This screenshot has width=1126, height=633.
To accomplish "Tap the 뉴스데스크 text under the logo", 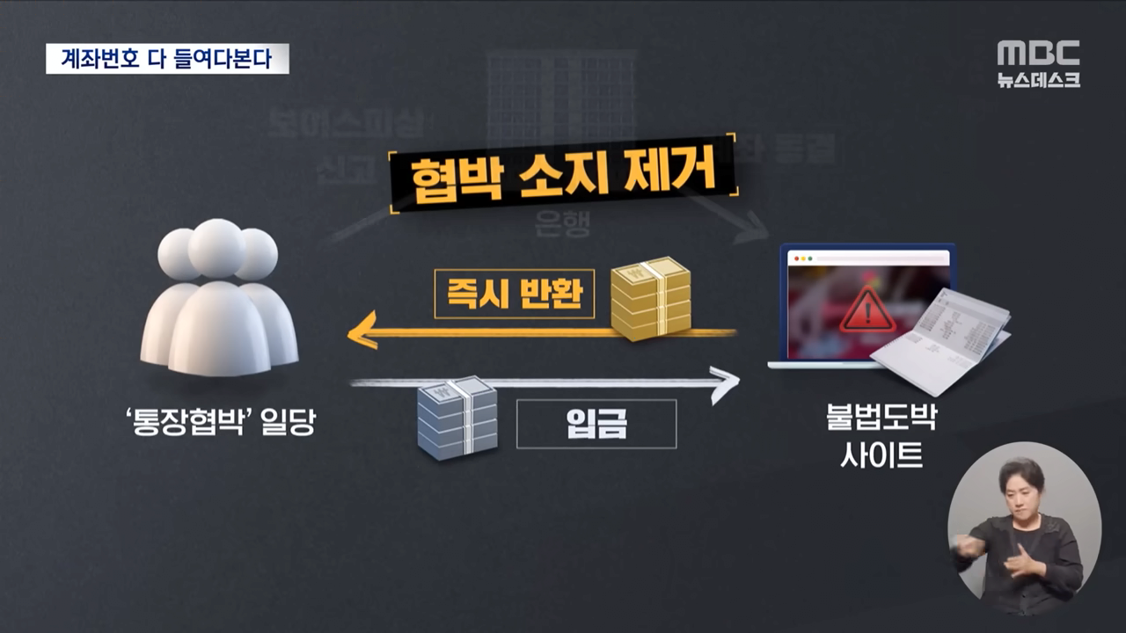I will [1038, 80].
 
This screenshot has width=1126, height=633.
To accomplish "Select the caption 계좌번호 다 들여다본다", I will [167, 59].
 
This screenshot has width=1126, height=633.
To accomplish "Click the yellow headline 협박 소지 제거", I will [563, 176].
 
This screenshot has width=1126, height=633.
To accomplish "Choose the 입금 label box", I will [596, 424].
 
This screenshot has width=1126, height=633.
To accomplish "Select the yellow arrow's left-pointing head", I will [359, 334].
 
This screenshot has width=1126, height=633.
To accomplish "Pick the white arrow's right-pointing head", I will [727, 384].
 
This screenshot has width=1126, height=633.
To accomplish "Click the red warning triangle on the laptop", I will [867, 309].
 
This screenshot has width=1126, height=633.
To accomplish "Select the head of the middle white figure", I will [216, 248].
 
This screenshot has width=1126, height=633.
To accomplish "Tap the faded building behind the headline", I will [561, 97].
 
